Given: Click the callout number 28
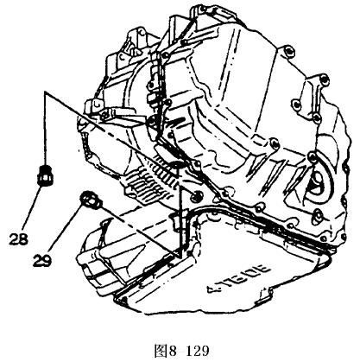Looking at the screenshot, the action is pos(18,238).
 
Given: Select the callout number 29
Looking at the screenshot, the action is pos(42,261).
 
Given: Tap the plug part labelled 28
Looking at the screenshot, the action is pos(45,175).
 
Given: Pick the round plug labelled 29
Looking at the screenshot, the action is pos(91,199).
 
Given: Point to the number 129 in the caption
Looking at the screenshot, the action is pos(198,352).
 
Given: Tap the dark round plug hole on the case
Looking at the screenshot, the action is pos(197,196).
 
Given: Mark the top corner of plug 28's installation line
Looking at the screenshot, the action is pos(45,92).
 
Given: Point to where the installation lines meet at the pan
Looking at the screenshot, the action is pos(180,256).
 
